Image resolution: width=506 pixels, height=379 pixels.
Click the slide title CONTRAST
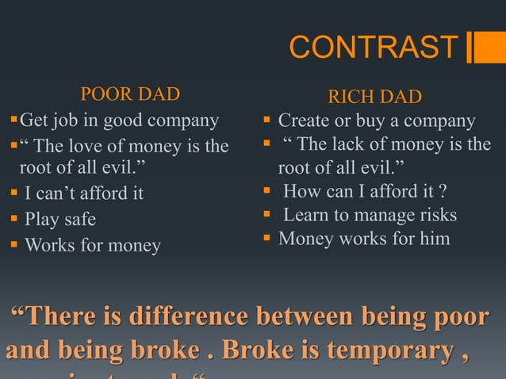pyautogui.click(x=374, y=48)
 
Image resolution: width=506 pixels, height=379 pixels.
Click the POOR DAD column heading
pyautogui.click(x=130, y=95)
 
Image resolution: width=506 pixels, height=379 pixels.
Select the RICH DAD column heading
pyautogui.click(x=375, y=98)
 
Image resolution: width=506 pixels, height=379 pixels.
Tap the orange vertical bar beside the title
pyautogui.click(x=481, y=48)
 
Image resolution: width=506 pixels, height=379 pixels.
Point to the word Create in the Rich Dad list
pyautogui.click(x=304, y=121)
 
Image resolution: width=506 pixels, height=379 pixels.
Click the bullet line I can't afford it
pyautogui.click(x=84, y=193)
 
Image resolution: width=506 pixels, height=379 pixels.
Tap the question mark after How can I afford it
pyautogui.click(x=443, y=191)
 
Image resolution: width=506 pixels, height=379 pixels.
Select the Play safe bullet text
pyautogui.click(x=59, y=219)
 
